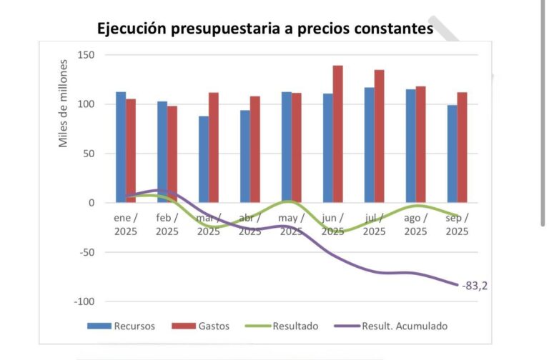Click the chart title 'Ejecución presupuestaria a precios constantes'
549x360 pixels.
[265, 29]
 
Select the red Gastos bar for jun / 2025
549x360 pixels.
[337, 134]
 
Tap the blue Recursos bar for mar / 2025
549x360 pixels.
[204, 159]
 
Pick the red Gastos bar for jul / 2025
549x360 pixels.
[379, 136]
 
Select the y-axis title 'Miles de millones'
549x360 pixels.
[63, 104]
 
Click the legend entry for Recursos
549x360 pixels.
[121, 326]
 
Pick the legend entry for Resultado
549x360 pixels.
[282, 326]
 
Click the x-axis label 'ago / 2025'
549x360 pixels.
[416, 224]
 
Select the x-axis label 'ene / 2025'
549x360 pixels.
[126, 224]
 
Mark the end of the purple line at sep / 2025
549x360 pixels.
[457, 285]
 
